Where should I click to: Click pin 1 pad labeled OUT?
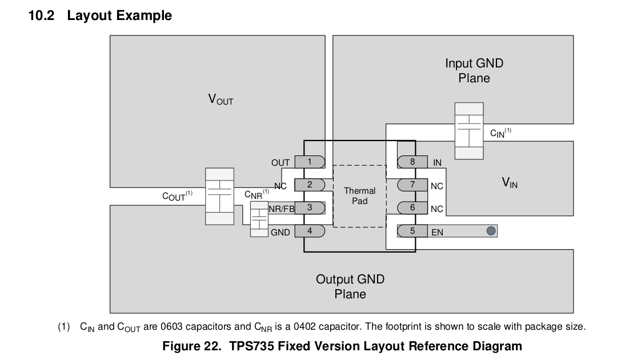(x=310, y=162)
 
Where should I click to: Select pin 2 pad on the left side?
(x=310, y=185)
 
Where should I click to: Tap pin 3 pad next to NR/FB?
(x=310, y=207)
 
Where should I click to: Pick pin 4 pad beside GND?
(x=310, y=231)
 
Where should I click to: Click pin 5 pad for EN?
(x=412, y=231)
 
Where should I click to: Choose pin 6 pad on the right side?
(x=412, y=208)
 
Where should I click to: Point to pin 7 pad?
(x=412, y=185)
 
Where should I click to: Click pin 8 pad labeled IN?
(x=412, y=162)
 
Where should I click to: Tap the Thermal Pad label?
(x=360, y=196)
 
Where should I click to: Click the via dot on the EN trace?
(x=491, y=231)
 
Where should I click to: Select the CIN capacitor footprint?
(x=469, y=131)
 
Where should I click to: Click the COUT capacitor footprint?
(x=219, y=196)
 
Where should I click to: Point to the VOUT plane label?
(x=221, y=99)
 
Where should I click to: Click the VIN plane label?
(x=510, y=183)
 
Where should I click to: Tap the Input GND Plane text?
(x=474, y=71)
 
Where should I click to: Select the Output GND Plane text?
(x=350, y=287)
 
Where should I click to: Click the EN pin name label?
(x=437, y=233)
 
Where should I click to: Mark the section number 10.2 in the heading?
(x=41, y=15)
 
